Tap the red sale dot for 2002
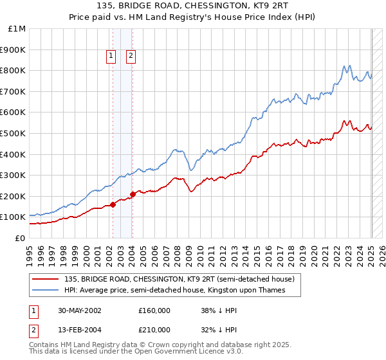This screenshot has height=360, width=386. (113, 204)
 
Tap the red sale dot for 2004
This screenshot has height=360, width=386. (132, 194)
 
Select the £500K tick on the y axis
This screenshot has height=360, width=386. (14, 133)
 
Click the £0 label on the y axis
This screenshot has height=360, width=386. (20, 238)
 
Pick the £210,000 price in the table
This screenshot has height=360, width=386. (154, 330)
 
